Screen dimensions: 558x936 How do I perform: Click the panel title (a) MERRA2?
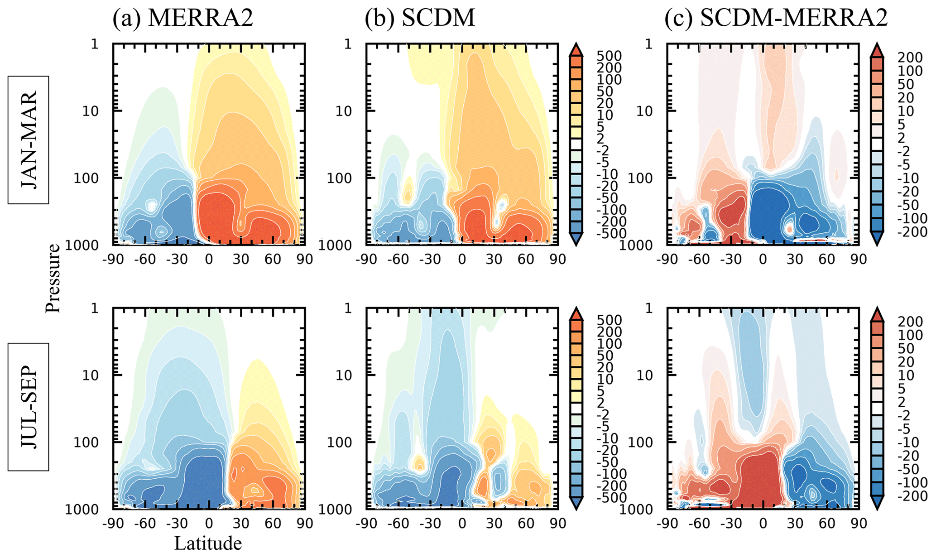[183, 18]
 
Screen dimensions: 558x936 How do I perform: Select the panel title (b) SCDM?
[420, 18]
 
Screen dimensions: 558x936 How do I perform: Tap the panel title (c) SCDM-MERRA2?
[776, 18]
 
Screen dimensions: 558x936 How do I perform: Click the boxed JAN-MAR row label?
[29, 140]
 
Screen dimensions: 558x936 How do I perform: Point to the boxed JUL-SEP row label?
[29, 407]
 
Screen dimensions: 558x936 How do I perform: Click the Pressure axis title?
[53, 278]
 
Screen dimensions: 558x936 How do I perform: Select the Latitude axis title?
[208, 543]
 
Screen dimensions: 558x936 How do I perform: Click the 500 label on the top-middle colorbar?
[609, 56]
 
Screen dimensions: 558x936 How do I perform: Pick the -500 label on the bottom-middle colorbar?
[609, 498]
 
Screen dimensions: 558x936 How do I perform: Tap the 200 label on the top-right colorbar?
[910, 58]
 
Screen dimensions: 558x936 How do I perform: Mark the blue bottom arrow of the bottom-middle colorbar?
[576, 503]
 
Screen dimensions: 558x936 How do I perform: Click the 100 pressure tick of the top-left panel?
[86, 178]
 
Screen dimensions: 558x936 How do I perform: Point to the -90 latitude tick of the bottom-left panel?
[113, 524]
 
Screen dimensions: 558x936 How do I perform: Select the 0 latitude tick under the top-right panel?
[763, 260]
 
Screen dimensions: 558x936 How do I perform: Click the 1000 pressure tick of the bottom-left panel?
[82, 510]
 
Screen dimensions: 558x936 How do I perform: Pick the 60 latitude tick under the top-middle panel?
[526, 260]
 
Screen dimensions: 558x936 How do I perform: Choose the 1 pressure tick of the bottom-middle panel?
[348, 308]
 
